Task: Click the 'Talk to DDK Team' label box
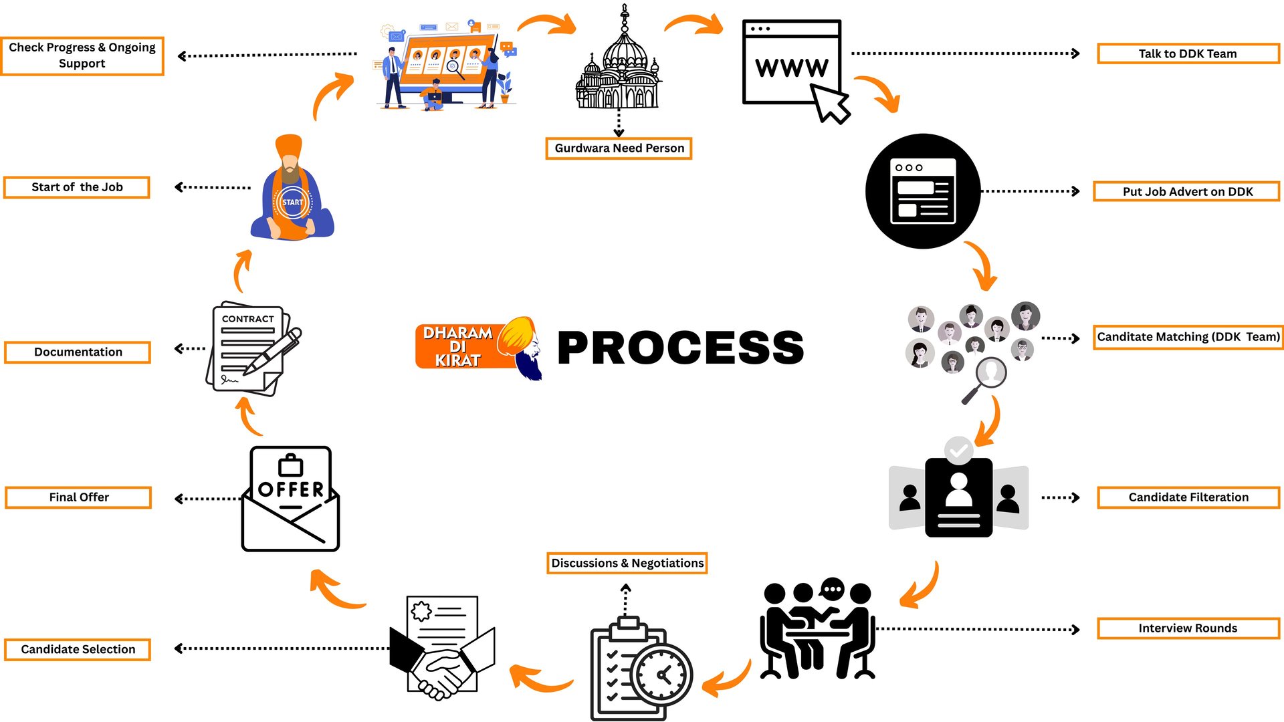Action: click(x=1188, y=53)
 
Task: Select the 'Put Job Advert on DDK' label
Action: click(x=1187, y=191)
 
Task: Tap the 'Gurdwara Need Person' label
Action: click(x=619, y=148)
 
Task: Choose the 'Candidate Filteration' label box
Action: click(x=1188, y=497)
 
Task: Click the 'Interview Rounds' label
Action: click(x=1188, y=628)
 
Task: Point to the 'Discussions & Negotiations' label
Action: click(x=627, y=563)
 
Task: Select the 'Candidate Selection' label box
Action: click(x=78, y=649)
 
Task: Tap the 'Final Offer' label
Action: click(x=78, y=497)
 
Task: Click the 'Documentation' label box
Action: click(x=78, y=352)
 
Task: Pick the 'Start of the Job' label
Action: click(x=77, y=187)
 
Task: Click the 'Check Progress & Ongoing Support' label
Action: click(x=82, y=55)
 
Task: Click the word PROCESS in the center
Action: click(x=680, y=348)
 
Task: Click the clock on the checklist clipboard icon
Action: click(x=662, y=675)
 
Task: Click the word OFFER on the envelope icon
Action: click(x=291, y=489)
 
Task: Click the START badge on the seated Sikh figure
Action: click(x=292, y=203)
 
